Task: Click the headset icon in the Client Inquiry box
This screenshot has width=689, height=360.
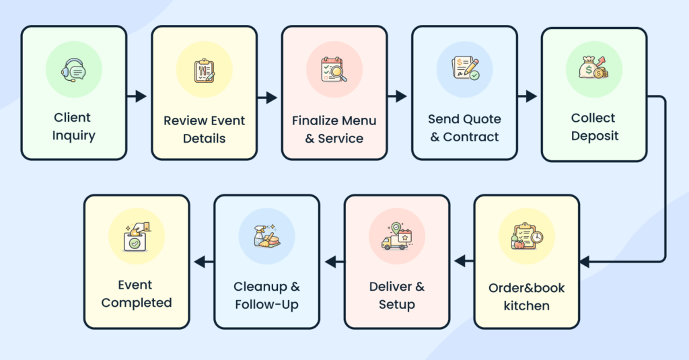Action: [x=73, y=69]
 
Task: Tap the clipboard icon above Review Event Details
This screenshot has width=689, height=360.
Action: [x=204, y=71]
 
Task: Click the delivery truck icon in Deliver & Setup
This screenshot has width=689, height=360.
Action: [x=396, y=238]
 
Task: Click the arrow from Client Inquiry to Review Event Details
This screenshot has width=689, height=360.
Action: [x=138, y=96]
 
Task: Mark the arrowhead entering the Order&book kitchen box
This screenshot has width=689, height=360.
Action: [x=585, y=262]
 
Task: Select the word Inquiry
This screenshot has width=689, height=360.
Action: [x=74, y=136]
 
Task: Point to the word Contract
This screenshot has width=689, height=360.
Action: [x=474, y=137]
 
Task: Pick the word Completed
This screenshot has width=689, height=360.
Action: [x=137, y=303]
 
